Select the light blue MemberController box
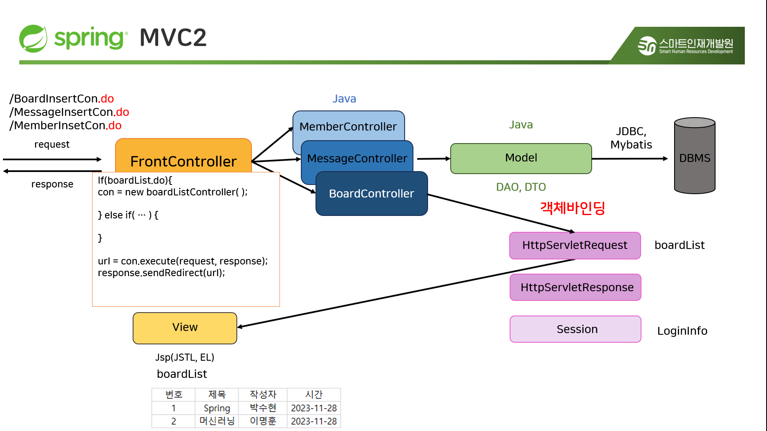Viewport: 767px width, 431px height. [348, 125]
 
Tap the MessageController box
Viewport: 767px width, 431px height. [357, 158]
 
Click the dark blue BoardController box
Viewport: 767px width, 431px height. [372, 194]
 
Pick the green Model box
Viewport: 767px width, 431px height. [521, 158]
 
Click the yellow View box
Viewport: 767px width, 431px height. [185, 328]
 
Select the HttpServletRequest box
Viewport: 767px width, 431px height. [575, 245]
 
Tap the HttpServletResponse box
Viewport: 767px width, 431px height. [577, 287]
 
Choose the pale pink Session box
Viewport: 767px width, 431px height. [577, 329]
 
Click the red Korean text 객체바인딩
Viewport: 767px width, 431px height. [572, 208]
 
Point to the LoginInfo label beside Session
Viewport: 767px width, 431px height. [682, 331]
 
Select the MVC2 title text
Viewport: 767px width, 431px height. [173, 38]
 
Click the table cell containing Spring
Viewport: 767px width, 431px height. [217, 408]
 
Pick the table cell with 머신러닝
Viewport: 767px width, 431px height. [217, 421]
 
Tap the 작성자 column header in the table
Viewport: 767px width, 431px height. [263, 395]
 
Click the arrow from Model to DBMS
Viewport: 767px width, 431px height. [630, 159]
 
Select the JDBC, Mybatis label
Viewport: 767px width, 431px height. [631, 138]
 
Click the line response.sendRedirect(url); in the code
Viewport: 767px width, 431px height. [162, 273]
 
